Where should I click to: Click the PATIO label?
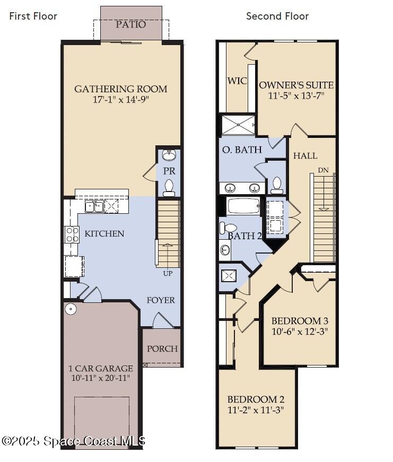point(130,24)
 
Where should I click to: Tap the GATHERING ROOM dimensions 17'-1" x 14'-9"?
point(120,100)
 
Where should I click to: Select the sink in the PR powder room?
point(169,155)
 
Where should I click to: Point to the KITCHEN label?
point(104,233)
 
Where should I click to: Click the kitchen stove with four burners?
point(72,234)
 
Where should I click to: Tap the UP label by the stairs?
point(167,273)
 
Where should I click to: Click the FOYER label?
point(161,300)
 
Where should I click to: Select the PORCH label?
point(162,348)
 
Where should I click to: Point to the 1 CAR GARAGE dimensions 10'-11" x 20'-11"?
point(101,378)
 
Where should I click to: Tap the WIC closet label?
point(237,81)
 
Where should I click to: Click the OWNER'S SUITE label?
point(296,85)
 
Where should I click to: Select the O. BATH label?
point(242,150)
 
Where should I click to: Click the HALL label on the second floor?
point(305,155)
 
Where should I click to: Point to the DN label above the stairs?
point(323,170)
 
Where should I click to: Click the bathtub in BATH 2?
point(243,205)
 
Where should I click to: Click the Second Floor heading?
point(277,16)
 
